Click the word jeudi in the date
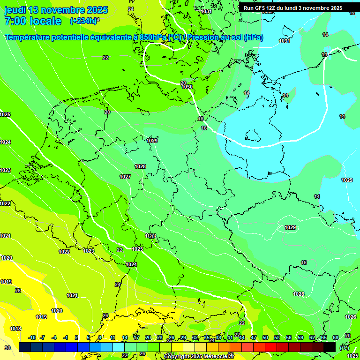coord(15,10)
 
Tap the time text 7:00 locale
coord(33,21)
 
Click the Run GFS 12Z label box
coord(292,8)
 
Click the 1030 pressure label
coord(187,87)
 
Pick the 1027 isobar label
coord(125,177)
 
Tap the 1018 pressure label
coord(15,329)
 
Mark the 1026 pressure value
coord(351,317)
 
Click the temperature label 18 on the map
coord(201,119)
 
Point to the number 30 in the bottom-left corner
coord(7,348)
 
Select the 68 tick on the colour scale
coord(336,337)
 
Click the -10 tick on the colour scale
coord(32,337)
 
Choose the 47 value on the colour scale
coord(254,337)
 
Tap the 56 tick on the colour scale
coord(289,337)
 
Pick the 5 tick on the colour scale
coord(88,337)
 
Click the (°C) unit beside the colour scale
coord(345,348)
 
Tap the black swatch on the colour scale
coord(330,347)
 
